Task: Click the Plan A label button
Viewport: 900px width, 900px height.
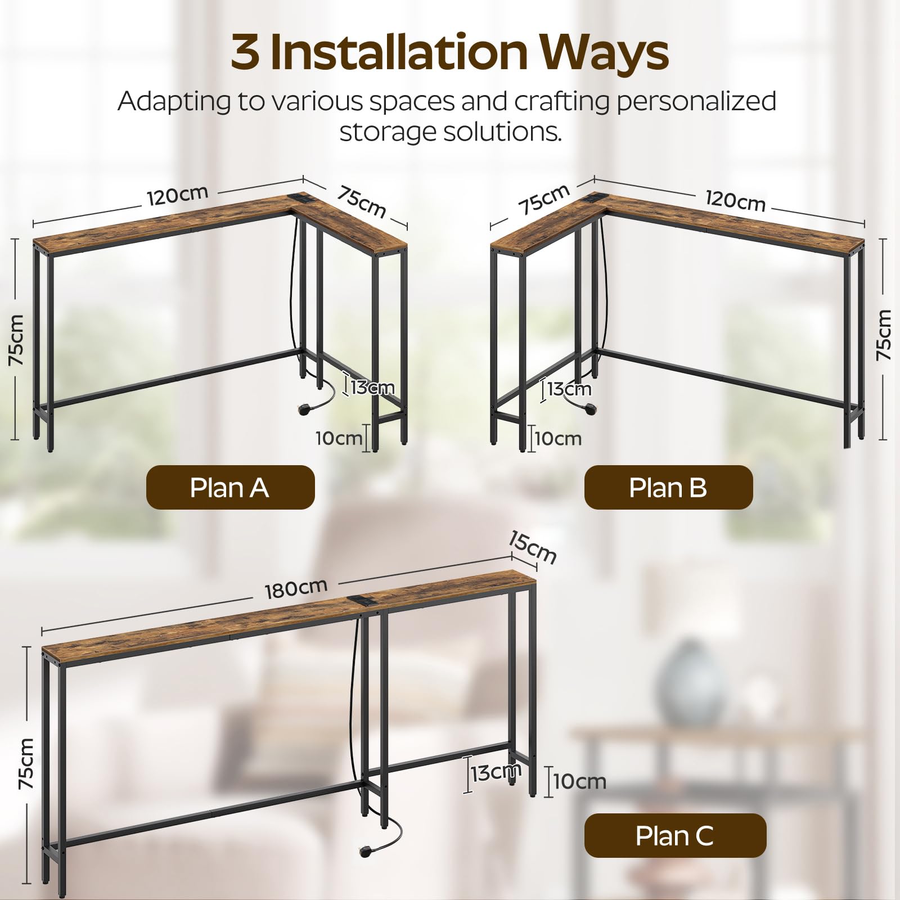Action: (x=230, y=487)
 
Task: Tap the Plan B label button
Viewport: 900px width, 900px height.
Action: (x=668, y=487)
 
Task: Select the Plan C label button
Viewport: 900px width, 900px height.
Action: (x=675, y=835)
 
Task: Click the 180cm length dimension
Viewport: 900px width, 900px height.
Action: (x=296, y=588)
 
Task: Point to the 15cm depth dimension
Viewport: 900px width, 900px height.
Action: (x=532, y=547)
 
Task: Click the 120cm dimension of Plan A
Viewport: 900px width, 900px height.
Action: (x=178, y=195)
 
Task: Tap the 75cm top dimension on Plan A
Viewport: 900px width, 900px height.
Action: (x=362, y=201)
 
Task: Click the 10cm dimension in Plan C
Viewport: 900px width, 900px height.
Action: (x=579, y=781)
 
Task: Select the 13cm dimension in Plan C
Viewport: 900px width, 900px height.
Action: (x=496, y=773)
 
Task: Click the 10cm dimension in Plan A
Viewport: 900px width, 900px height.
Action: (x=339, y=438)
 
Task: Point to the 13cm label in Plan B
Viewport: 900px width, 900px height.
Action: (x=569, y=389)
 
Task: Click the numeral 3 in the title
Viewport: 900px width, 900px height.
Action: (x=246, y=52)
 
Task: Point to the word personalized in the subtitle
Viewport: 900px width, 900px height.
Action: (x=697, y=102)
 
